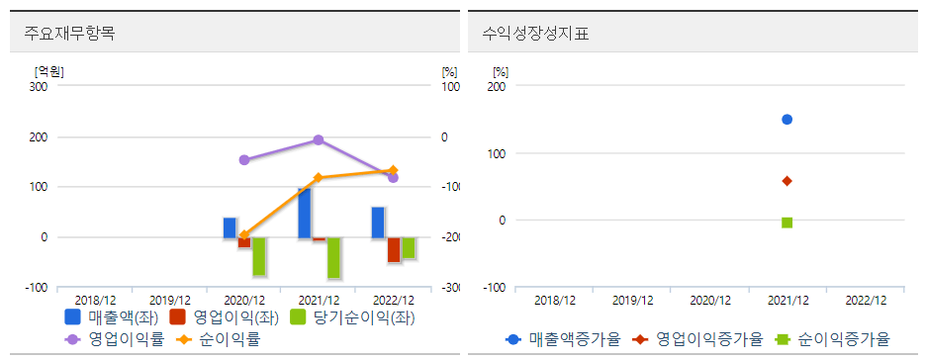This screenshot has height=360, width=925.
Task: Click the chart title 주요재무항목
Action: pos(69,33)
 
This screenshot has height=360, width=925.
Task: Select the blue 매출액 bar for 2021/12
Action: pos(304,213)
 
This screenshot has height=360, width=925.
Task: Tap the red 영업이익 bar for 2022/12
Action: pos(393,249)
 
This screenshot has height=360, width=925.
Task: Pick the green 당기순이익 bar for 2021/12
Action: pos(333,257)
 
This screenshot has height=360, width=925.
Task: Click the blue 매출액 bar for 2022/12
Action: pos(378,223)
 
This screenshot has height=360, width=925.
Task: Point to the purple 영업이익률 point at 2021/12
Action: pos(319,140)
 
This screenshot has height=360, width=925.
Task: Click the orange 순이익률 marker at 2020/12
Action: pos(243,235)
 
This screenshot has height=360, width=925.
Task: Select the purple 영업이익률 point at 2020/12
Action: pos(244,159)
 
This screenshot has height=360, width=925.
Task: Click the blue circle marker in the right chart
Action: pos(787,120)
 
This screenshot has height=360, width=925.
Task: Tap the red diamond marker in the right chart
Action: pos(787,181)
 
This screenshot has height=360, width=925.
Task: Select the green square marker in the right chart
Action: pos(787,223)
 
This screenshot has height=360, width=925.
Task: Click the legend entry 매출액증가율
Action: pos(563,339)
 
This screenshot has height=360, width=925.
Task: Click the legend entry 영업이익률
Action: pos(112,339)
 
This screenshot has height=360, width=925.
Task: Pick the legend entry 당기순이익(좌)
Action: pos(353,318)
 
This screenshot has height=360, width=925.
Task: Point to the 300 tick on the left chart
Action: pos(39,87)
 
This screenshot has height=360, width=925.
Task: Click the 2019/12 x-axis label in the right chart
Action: pos(632,300)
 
